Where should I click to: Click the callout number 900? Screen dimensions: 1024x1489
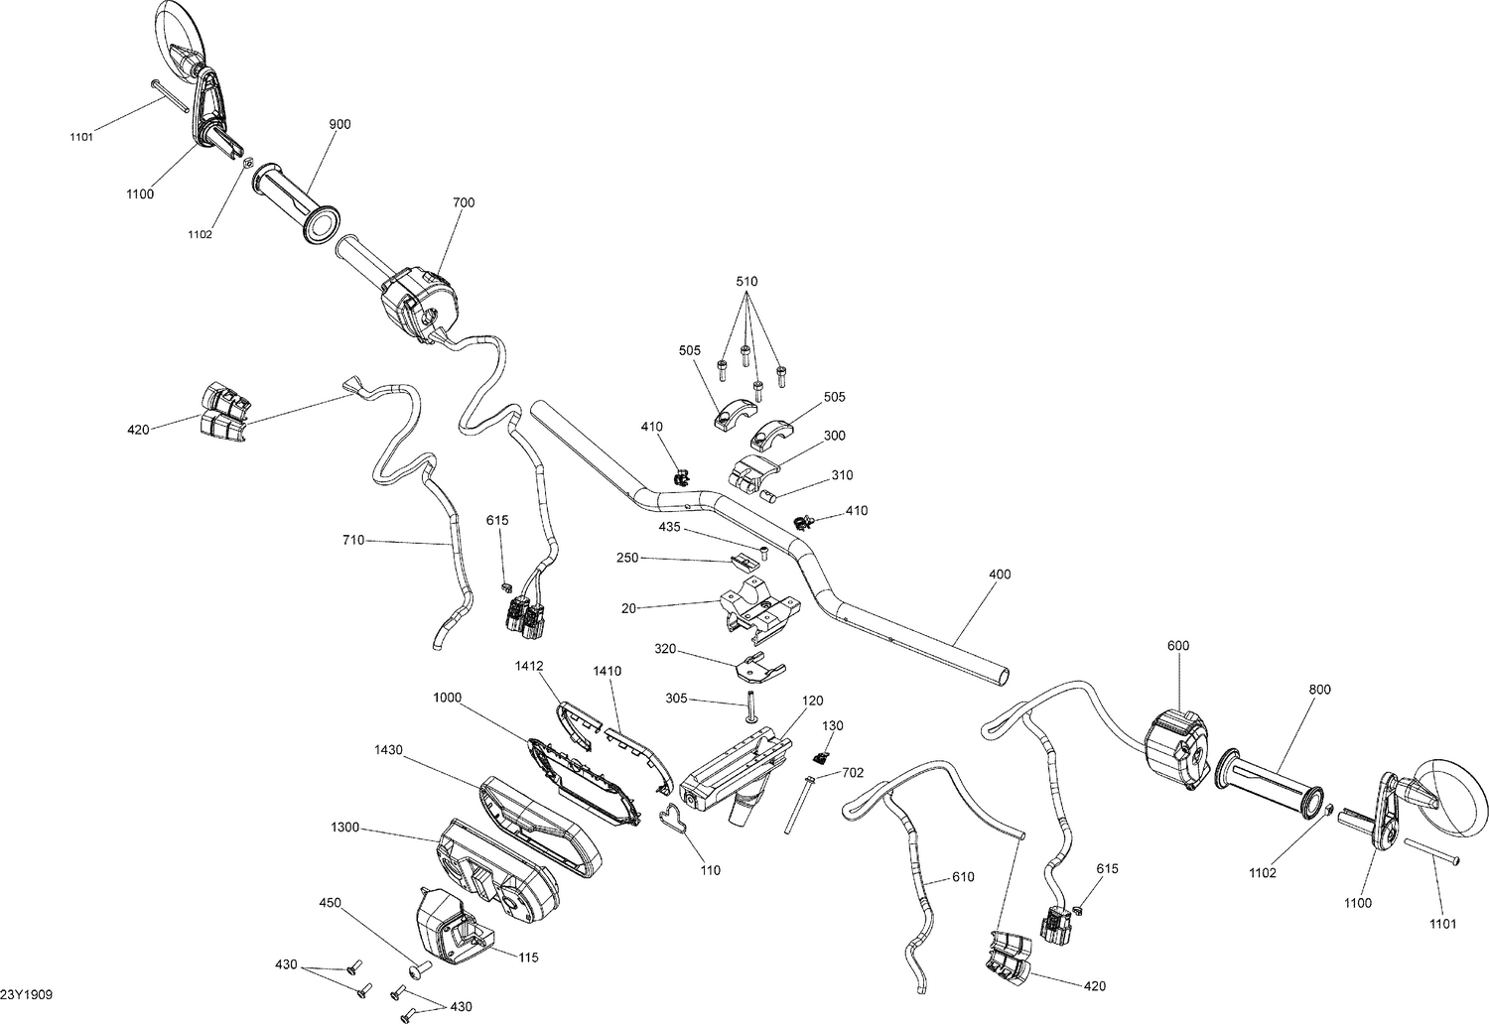(x=339, y=124)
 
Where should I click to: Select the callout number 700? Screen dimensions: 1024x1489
(x=464, y=202)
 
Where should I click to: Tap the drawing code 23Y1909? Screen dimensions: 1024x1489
(x=27, y=993)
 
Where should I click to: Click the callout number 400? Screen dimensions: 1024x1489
(x=1000, y=575)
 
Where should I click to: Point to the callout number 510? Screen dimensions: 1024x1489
(x=746, y=282)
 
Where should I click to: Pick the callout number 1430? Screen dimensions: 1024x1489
(x=388, y=750)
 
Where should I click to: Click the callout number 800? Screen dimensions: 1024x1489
(x=1320, y=690)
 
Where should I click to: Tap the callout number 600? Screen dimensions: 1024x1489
(x=1178, y=646)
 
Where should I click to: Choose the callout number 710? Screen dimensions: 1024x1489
(x=352, y=540)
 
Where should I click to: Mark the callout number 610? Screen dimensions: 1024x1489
(x=963, y=877)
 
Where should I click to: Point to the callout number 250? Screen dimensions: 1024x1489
(x=627, y=559)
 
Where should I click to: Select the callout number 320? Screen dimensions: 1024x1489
(x=665, y=648)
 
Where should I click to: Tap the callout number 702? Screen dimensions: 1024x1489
(x=853, y=771)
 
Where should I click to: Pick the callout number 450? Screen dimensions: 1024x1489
(x=331, y=903)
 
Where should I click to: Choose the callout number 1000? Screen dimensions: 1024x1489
(x=447, y=698)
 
